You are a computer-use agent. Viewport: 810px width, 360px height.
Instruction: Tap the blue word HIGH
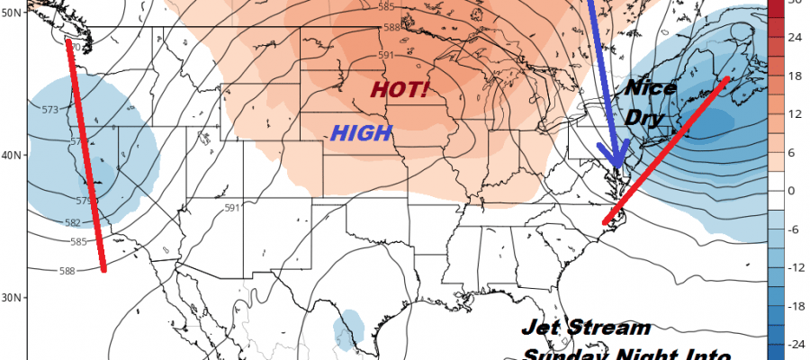tap(362, 133)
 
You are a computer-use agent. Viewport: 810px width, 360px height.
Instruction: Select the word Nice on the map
tap(652, 90)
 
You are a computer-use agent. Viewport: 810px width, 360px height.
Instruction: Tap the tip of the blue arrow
tap(618, 170)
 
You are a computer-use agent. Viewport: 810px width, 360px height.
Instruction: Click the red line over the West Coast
tap(88, 157)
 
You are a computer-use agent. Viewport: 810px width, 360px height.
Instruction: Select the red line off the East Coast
tap(666, 148)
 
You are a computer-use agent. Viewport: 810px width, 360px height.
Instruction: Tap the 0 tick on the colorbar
tap(791, 191)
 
